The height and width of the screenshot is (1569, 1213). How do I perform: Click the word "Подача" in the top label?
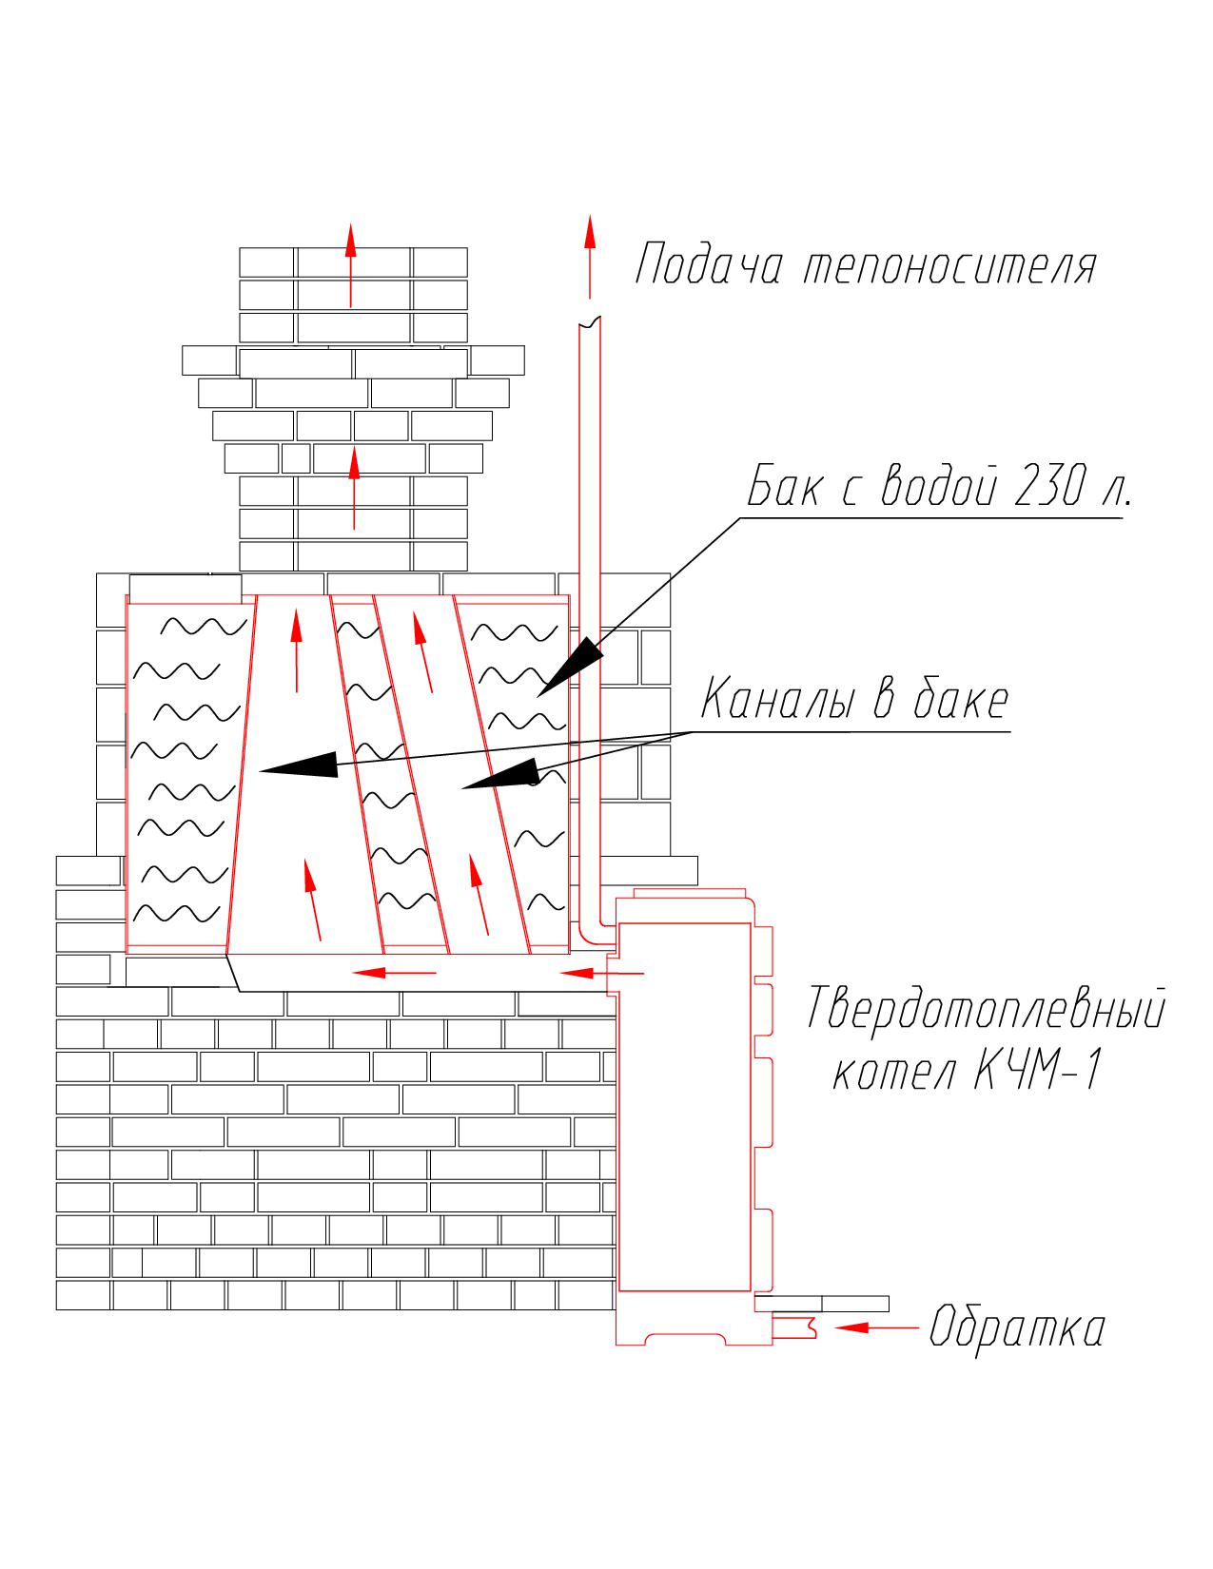click(709, 265)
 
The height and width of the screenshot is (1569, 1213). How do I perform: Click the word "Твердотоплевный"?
click(985, 1010)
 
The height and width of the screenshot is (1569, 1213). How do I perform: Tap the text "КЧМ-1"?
click(1037, 1072)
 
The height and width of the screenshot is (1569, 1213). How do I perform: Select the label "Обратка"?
click(1016, 1327)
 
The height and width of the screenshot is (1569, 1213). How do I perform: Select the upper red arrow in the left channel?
click(296, 647)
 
